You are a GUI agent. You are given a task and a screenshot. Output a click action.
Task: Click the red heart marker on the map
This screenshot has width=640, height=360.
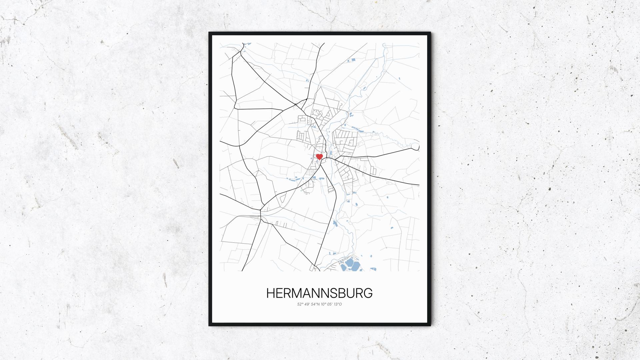[319, 157]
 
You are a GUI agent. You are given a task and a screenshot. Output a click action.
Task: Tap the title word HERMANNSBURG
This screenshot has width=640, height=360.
[319, 293]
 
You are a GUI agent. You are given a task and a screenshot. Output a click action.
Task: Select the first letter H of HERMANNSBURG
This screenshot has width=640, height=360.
[271, 293]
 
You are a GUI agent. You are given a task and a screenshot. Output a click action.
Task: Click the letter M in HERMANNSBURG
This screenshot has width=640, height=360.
[297, 293]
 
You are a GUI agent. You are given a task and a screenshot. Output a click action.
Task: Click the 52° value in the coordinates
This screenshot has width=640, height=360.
[300, 304]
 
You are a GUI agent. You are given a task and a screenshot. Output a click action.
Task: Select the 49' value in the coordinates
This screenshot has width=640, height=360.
[308, 304]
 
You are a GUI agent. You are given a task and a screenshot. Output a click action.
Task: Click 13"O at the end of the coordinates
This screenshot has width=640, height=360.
[338, 304]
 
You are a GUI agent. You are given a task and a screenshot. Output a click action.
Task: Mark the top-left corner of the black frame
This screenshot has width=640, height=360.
[210, 33]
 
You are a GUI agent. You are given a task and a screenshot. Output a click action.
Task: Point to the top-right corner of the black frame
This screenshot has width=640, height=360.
[430, 33]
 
